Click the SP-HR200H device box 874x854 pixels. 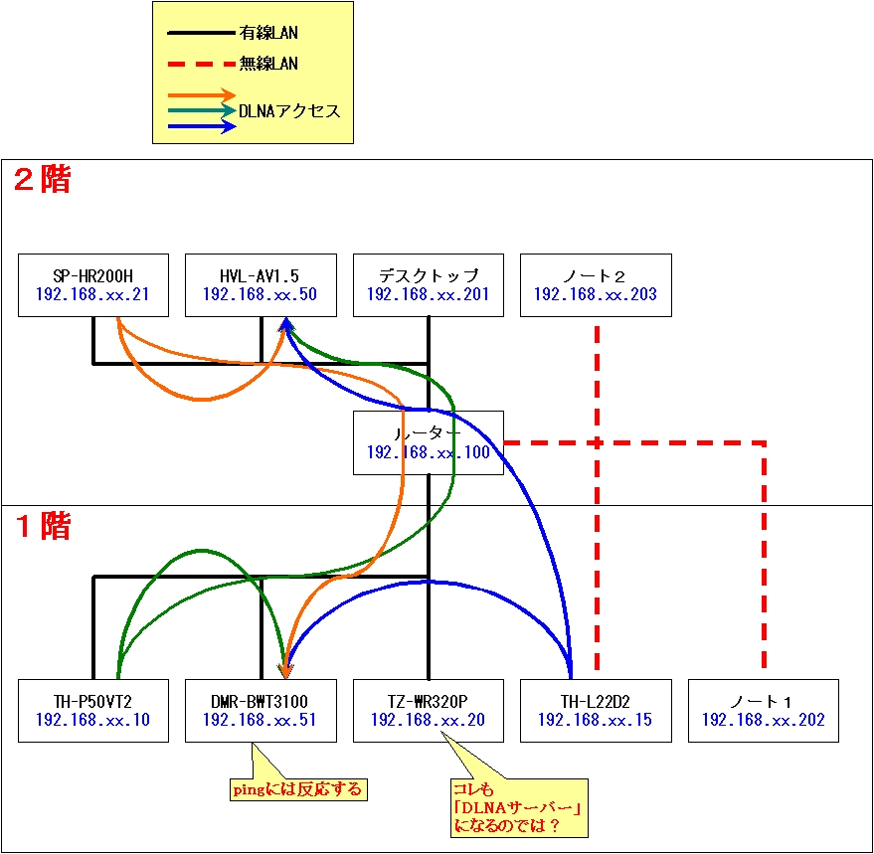[x=93, y=285]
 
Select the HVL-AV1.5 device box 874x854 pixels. [x=261, y=285]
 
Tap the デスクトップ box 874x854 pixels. [x=428, y=285]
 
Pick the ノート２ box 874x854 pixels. [x=596, y=285]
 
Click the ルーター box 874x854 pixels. [x=428, y=442]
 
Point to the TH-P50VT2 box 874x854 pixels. [x=93, y=711]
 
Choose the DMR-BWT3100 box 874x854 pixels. [x=261, y=711]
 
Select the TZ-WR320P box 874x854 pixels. [x=428, y=711]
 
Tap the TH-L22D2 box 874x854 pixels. [x=596, y=711]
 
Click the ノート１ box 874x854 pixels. [x=763, y=711]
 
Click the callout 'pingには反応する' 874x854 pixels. [x=296, y=790]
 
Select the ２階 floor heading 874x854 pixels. [x=42, y=180]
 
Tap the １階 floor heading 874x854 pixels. [x=42, y=527]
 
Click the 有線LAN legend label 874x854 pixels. [x=268, y=33]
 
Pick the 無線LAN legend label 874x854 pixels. [x=268, y=64]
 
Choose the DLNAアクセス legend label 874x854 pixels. [x=289, y=110]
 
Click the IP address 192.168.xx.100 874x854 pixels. [x=428, y=452]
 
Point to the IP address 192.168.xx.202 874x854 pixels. [x=763, y=721]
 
